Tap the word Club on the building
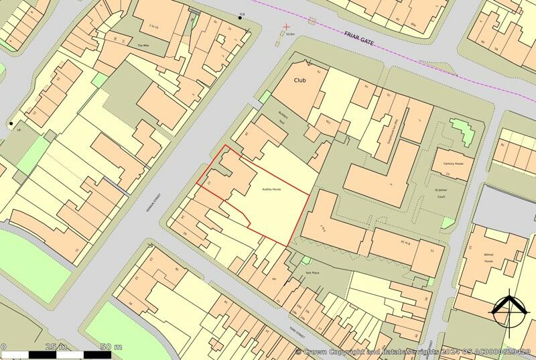pos(300,80)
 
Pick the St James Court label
pos(441,194)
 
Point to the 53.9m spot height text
pos(290,34)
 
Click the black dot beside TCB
pos(241,17)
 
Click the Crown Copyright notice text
pos(415,351)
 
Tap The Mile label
pos(141,45)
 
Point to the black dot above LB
pos(11,123)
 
